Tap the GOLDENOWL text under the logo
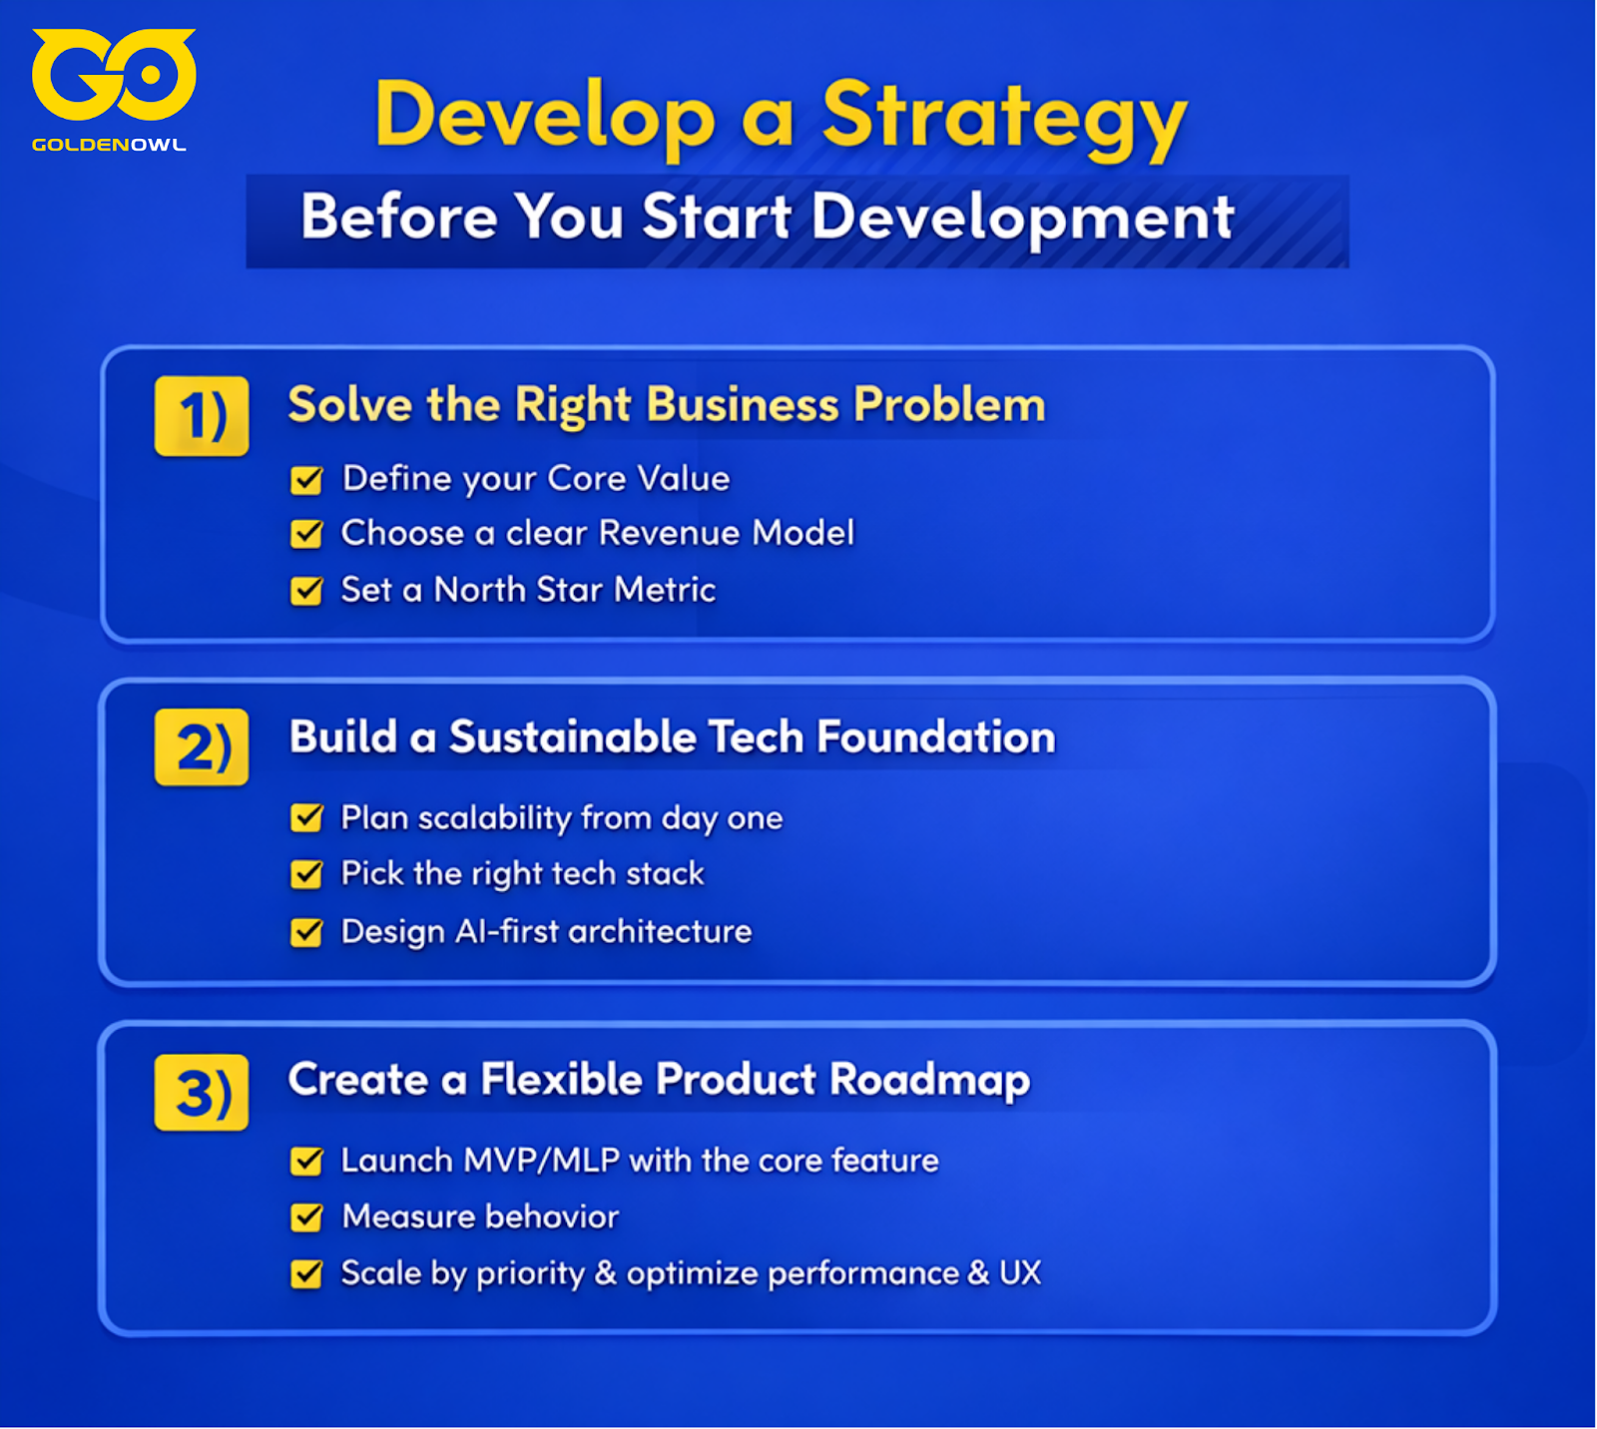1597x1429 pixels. tap(109, 145)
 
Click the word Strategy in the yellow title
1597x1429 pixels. tap(1005, 120)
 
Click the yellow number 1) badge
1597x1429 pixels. tap(202, 416)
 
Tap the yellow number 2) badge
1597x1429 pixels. tap(202, 747)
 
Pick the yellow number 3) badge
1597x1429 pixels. tap(202, 1092)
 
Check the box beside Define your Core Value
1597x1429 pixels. tap(306, 480)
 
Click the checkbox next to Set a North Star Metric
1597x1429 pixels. tap(306, 591)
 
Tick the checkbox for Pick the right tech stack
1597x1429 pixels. tap(306, 874)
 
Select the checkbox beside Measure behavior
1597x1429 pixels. tap(306, 1217)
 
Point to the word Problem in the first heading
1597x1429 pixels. tap(949, 405)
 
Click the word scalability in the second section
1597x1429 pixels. tap(494, 819)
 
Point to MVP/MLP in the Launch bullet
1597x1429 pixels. tap(542, 1161)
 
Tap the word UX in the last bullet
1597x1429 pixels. tap(1020, 1273)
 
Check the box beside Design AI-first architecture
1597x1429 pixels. tap(306, 932)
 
